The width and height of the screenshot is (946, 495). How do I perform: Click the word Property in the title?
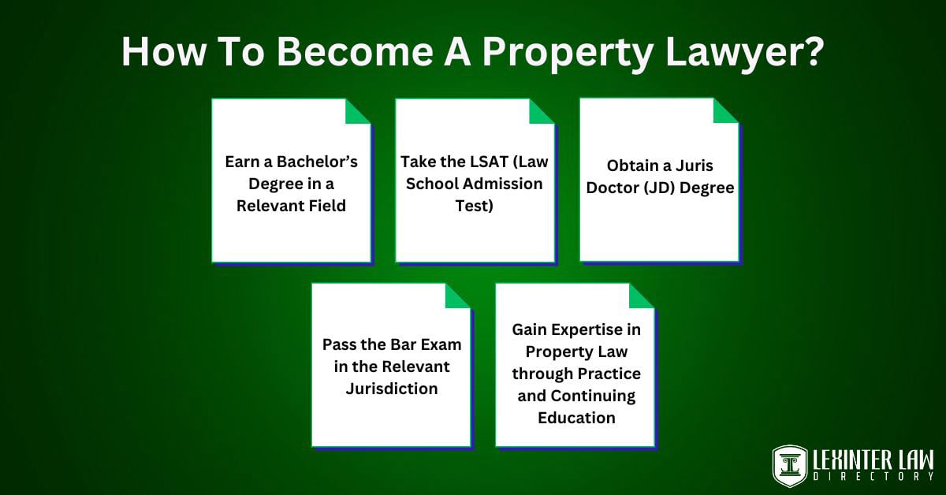[566, 54]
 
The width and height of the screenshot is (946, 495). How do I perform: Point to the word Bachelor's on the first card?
[317, 162]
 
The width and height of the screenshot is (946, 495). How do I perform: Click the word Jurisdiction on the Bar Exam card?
[392, 389]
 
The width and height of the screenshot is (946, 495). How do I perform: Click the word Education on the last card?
[576, 418]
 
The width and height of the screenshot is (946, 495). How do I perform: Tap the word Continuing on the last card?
[593, 396]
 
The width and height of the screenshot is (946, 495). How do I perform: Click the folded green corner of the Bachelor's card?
[357, 112]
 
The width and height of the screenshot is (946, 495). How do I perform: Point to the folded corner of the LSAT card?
[542, 112]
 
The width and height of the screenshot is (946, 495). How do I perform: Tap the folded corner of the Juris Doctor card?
[725, 111]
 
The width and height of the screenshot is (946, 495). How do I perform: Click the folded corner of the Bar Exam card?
[457, 296]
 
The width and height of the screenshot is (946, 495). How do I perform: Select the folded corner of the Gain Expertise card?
[642, 296]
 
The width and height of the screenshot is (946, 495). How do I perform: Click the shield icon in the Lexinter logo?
[789, 467]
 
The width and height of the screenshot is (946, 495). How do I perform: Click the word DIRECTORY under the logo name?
[873, 477]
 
